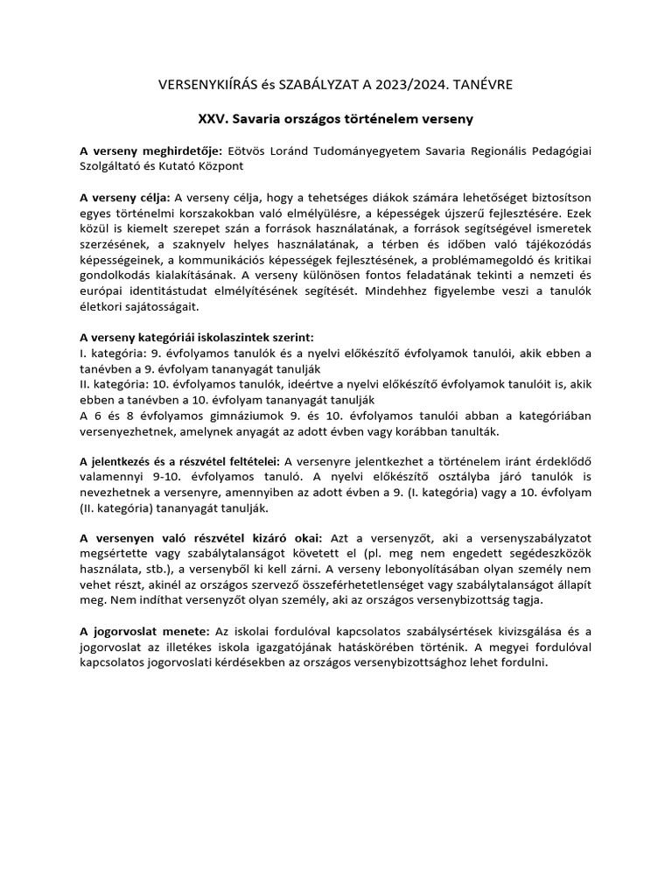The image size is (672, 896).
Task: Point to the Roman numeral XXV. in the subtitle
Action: tap(215, 117)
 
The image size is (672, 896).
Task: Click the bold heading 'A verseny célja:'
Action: tap(122, 198)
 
